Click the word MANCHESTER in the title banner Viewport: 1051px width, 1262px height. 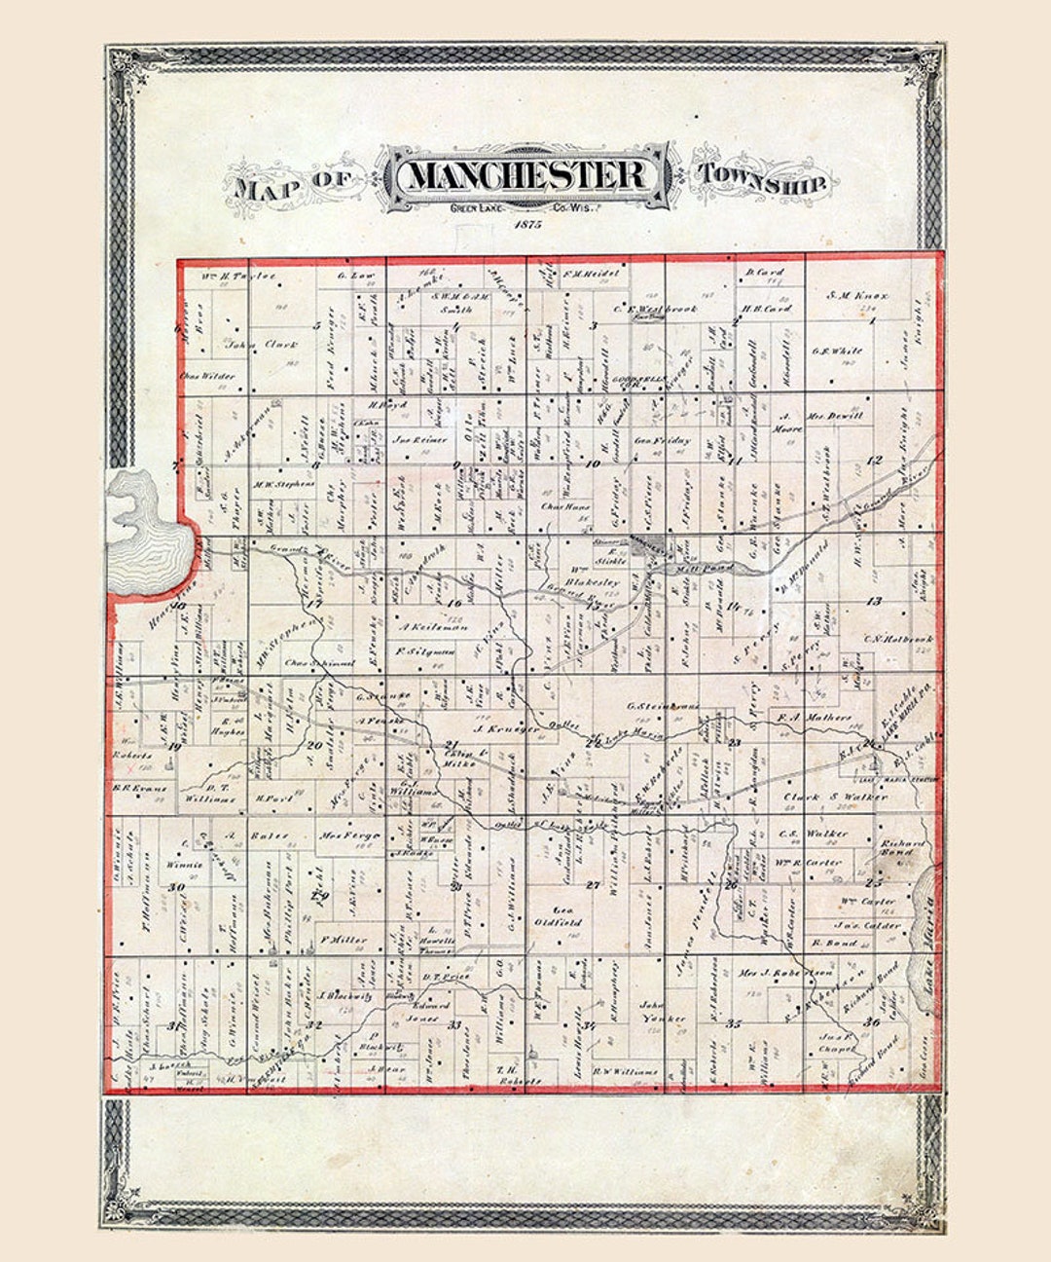click(527, 176)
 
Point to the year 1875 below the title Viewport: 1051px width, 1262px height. click(525, 226)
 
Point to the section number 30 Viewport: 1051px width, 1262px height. click(176, 887)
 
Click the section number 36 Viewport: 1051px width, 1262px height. click(872, 1022)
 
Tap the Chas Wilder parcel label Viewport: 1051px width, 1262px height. click(205, 376)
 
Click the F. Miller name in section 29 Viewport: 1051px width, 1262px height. click(344, 941)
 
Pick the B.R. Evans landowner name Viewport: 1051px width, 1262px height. click(140, 789)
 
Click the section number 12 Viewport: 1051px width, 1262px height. click(874, 460)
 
